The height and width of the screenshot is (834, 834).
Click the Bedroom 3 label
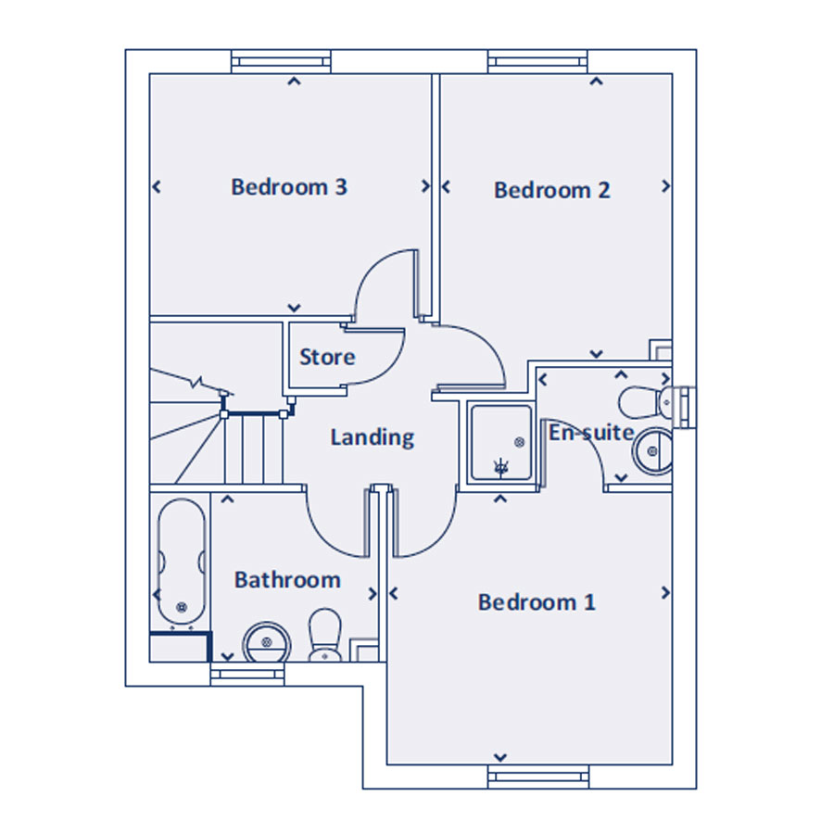[x=289, y=186]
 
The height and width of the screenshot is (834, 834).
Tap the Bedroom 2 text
[x=551, y=190]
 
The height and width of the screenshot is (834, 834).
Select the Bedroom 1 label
[x=537, y=602]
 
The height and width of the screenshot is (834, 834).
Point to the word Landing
[x=373, y=437]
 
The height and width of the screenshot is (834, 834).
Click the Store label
[x=327, y=357]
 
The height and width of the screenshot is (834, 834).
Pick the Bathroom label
[x=287, y=580]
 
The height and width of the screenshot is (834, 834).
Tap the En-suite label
[x=591, y=433]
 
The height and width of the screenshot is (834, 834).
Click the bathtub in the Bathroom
[x=182, y=562]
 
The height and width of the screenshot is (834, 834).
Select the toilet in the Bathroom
[x=325, y=635]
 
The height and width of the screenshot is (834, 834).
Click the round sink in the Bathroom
[x=267, y=642]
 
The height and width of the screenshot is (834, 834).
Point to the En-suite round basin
[x=652, y=451]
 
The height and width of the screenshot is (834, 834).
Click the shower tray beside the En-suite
[x=501, y=443]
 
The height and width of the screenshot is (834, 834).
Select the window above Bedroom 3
[x=281, y=62]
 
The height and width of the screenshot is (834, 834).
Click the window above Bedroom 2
[x=537, y=62]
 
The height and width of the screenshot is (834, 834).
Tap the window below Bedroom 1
[x=538, y=777]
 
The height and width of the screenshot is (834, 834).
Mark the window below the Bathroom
[x=247, y=674]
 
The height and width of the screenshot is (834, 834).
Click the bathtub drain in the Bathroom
[x=182, y=606]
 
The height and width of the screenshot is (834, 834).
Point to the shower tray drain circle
[x=520, y=442]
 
